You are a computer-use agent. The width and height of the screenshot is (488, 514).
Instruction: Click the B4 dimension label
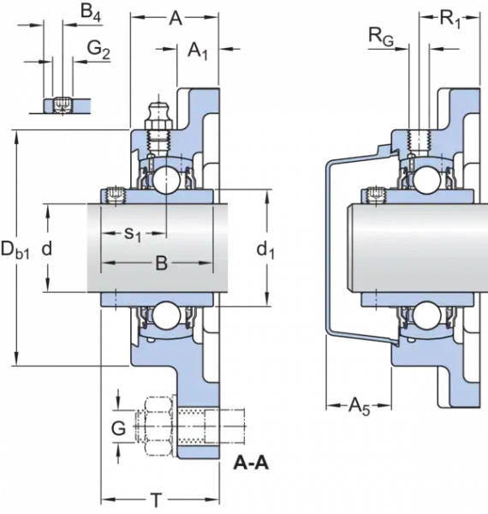(91, 12)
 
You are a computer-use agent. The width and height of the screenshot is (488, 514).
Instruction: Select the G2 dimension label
(98, 50)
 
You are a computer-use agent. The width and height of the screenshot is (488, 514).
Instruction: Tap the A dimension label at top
(176, 18)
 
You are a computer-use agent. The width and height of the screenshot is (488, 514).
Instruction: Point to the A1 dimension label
(198, 51)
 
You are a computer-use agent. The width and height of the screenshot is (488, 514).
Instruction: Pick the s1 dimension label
(133, 235)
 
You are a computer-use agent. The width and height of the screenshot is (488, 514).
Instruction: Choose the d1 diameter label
(265, 250)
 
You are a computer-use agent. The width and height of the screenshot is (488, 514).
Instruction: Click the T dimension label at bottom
(157, 500)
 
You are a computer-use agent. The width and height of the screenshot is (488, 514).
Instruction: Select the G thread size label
(118, 428)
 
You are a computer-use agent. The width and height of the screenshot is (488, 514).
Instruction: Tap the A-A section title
(251, 463)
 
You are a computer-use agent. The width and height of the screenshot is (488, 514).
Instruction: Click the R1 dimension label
(450, 18)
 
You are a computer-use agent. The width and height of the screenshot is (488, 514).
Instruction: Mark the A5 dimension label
(359, 406)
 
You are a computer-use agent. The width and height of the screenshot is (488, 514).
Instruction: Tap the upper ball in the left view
(166, 180)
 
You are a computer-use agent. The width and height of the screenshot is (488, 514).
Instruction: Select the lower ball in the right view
(426, 315)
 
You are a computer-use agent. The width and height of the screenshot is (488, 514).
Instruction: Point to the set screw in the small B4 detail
(62, 105)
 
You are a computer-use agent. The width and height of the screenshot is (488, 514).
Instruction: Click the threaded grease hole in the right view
(419, 140)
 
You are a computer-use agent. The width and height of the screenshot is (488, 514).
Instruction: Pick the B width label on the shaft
(161, 263)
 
